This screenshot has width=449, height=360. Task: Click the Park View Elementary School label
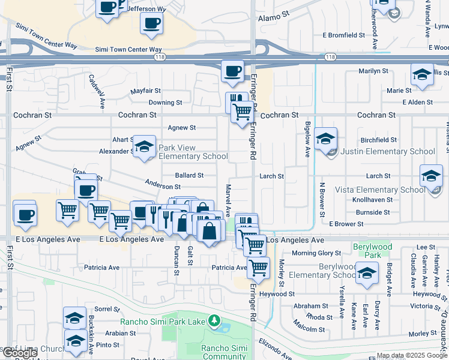click(x=193, y=152)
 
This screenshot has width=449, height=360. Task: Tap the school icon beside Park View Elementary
click(x=144, y=146)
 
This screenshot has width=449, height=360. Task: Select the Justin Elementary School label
click(x=388, y=152)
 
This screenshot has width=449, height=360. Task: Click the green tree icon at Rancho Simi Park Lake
click(x=212, y=321)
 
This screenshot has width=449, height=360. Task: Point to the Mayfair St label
click(x=146, y=91)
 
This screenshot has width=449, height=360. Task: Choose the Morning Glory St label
click(x=316, y=253)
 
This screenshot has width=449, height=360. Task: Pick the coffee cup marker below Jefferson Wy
click(x=151, y=23)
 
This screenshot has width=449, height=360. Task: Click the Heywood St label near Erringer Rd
click(x=277, y=294)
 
